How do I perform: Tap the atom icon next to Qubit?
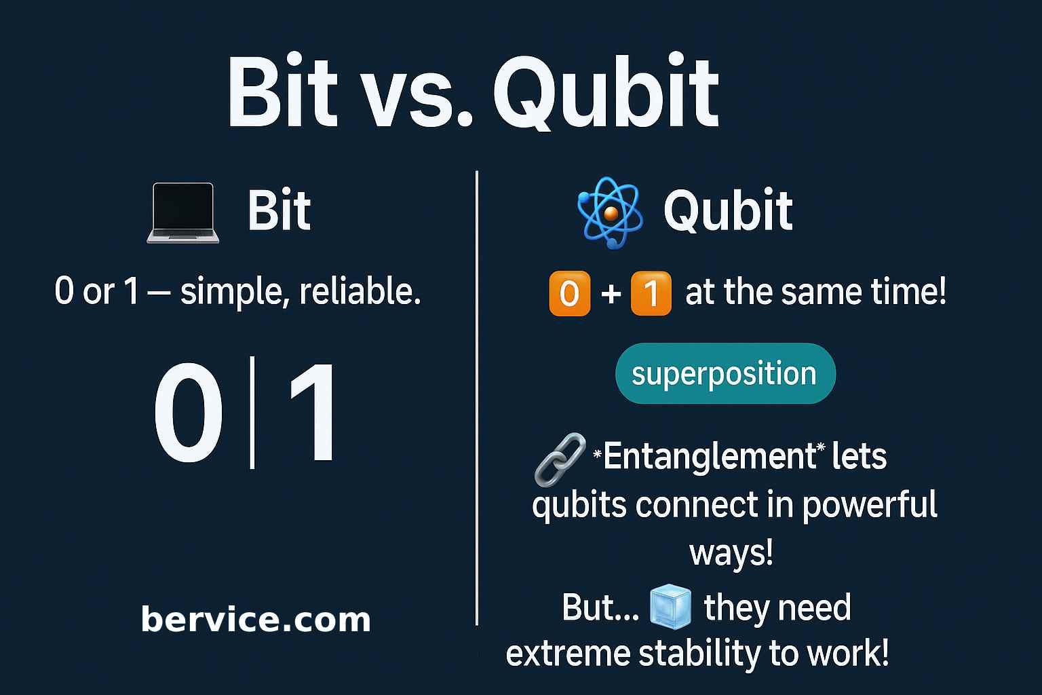click(609, 212)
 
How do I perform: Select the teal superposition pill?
click(725, 374)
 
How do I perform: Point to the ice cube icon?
click(670, 607)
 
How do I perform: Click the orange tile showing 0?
click(569, 293)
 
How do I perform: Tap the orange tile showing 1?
click(651, 293)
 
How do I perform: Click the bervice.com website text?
click(256, 619)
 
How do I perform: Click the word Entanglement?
click(709, 456)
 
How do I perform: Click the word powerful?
click(870, 505)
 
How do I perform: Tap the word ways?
click(731, 553)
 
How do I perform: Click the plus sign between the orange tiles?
click(611, 293)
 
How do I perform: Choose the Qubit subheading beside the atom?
click(728, 211)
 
